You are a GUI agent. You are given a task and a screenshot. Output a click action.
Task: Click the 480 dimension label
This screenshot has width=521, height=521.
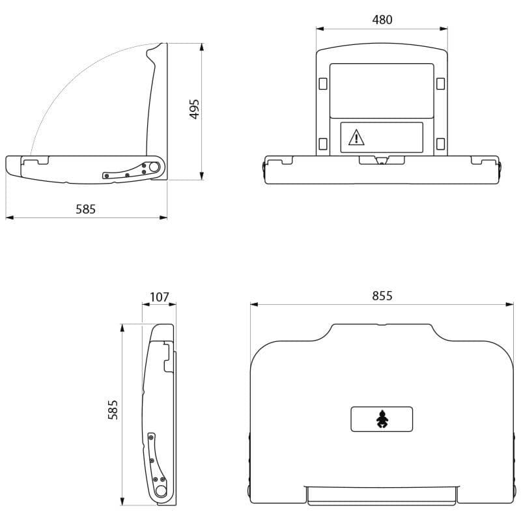click(382, 20)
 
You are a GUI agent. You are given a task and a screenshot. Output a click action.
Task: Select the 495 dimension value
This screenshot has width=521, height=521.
click(194, 109)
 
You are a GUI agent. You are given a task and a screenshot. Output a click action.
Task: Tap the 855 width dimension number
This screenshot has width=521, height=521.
click(382, 296)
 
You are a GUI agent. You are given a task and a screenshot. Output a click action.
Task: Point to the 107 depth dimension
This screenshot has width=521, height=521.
click(160, 297)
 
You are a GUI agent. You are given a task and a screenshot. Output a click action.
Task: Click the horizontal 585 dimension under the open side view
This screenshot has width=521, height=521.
click(86, 209)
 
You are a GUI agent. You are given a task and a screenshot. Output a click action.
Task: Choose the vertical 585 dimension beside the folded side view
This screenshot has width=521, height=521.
click(113, 410)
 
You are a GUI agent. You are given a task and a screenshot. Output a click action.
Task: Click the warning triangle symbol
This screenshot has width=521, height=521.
click(356, 137)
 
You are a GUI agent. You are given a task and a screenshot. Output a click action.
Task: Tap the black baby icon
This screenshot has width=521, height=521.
click(382, 419)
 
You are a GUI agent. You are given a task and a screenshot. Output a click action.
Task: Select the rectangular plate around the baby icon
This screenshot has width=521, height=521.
click(382, 419)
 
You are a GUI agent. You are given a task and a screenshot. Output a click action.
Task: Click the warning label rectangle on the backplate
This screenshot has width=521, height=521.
click(382, 137)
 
